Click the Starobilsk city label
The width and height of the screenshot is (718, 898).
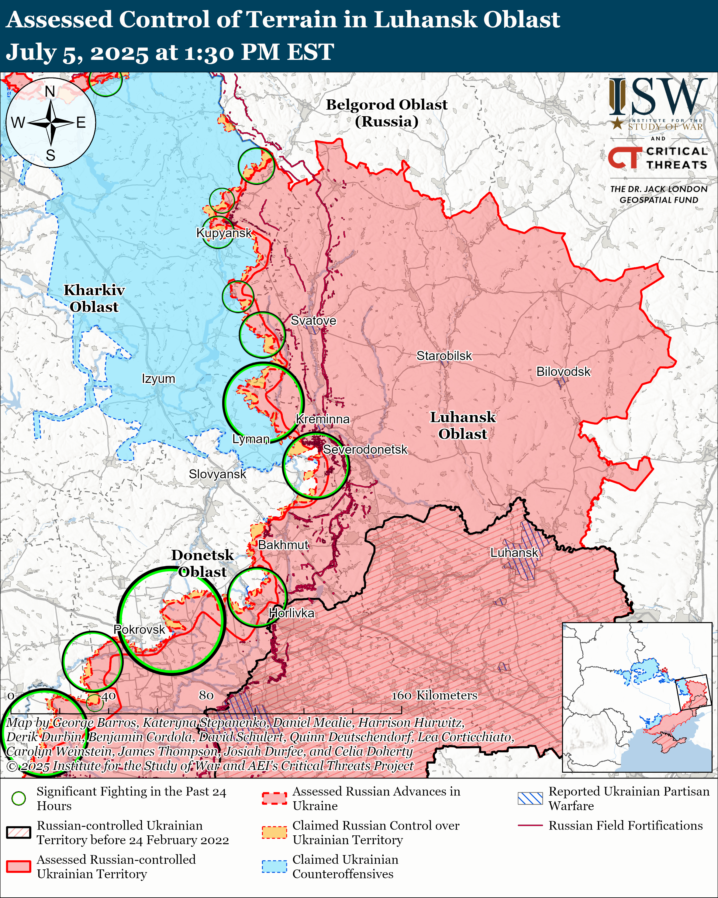pos(444,356)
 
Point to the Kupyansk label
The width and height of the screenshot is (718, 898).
pos(224,233)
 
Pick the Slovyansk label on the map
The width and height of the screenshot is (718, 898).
pos(217,474)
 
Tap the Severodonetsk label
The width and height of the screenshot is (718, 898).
pos(365,449)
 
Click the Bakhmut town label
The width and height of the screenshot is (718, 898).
pos(283,545)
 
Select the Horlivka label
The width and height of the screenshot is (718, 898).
pos(291,613)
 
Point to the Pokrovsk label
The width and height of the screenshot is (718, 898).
pos(140,629)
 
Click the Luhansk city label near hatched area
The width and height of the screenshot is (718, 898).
pos(514,553)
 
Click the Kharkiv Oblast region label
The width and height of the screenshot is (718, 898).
pos(94,298)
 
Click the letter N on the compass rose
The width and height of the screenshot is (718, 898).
pos(50,91)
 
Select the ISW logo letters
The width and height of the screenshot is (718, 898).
pos(658,97)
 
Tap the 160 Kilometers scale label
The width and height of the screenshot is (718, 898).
pos(434,695)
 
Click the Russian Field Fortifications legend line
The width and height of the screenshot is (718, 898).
pos(530,825)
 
